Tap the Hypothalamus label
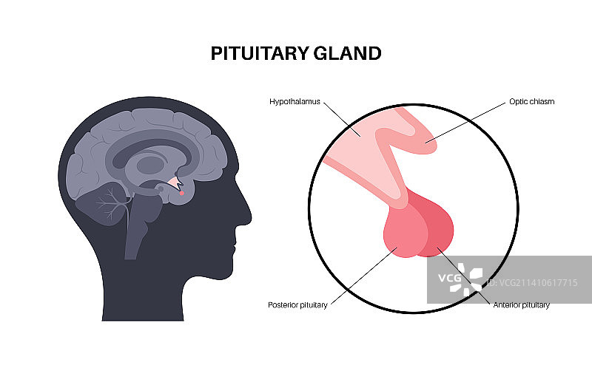(295, 101)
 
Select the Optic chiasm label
(531, 101)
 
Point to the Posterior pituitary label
(297, 304)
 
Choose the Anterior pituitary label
(521, 304)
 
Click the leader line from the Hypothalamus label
(342, 119)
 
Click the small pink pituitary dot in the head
(181, 194)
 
